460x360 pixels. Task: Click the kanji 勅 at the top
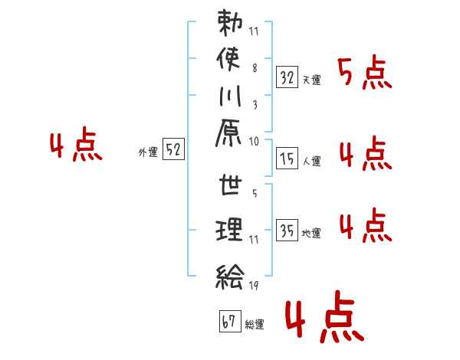(x=230, y=22)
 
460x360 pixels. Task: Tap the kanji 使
(x=228, y=59)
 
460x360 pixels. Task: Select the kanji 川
(x=230, y=97)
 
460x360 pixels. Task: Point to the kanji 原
(x=228, y=133)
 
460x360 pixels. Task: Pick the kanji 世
(x=230, y=185)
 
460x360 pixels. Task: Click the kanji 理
(x=229, y=230)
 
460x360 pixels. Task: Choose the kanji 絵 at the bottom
(x=230, y=277)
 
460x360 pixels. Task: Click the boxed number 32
(x=287, y=77)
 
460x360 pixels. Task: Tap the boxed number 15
(x=287, y=159)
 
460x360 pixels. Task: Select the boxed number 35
(x=287, y=230)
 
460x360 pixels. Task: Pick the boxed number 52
(x=173, y=149)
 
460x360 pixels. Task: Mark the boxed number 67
(x=230, y=321)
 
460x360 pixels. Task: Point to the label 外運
(x=148, y=152)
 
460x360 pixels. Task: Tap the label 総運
(x=255, y=325)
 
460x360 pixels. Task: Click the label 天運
(x=311, y=80)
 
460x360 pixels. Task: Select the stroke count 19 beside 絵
(x=254, y=285)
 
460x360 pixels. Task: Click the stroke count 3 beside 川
(x=255, y=105)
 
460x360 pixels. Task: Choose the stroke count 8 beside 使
(x=255, y=68)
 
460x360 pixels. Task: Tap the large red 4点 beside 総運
(x=325, y=316)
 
